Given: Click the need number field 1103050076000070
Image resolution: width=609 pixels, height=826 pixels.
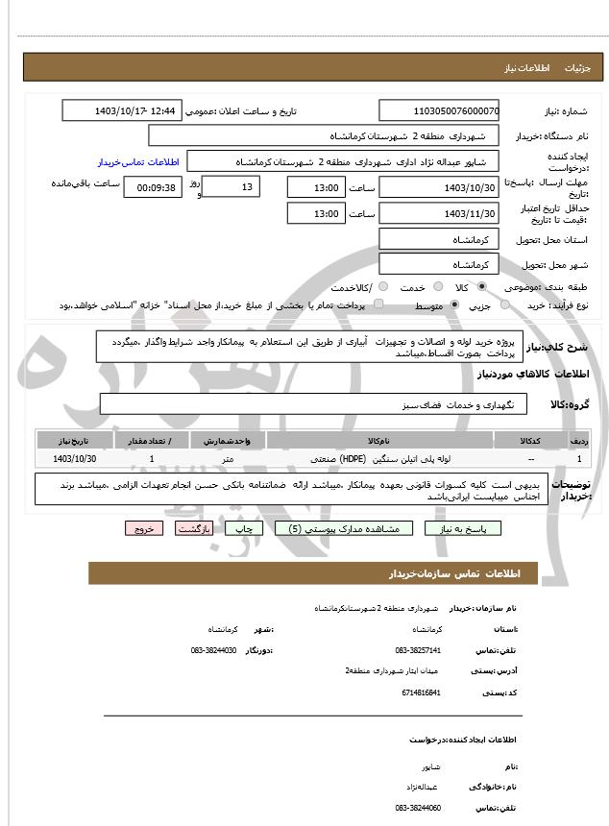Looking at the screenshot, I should click(x=439, y=111).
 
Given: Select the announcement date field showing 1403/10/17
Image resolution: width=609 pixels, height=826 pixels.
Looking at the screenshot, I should click(x=121, y=111).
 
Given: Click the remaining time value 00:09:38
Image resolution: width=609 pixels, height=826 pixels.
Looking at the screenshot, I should click(x=151, y=187).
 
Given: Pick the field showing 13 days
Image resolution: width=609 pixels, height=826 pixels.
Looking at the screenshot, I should click(x=232, y=187).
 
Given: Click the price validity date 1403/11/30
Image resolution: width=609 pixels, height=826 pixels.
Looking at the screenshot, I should click(x=439, y=213).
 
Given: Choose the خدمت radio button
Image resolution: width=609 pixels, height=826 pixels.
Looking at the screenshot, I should click(x=437, y=287).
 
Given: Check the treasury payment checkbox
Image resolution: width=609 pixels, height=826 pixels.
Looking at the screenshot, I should click(x=378, y=305).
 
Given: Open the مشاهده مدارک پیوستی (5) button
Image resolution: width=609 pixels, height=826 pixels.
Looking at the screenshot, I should click(x=344, y=528).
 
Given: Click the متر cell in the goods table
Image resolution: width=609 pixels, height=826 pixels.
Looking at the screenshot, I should click(x=228, y=459).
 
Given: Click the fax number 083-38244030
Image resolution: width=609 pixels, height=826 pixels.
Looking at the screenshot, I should click(x=214, y=650).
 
